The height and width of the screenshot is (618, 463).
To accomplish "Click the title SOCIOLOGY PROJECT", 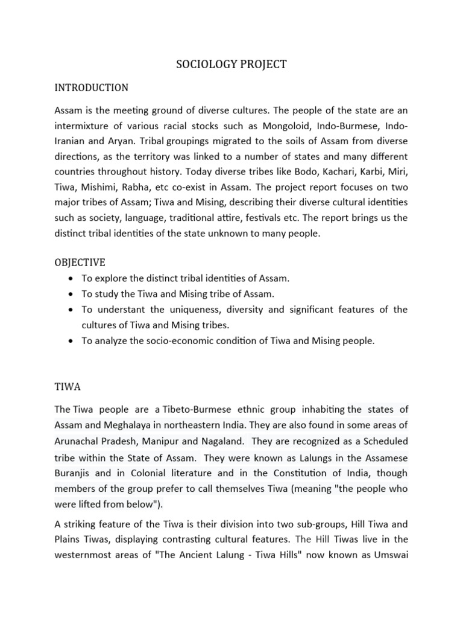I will (x=231, y=65).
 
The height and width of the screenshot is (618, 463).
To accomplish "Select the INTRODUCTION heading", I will (x=91, y=88).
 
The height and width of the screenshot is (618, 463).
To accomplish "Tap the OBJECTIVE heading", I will (x=80, y=263).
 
